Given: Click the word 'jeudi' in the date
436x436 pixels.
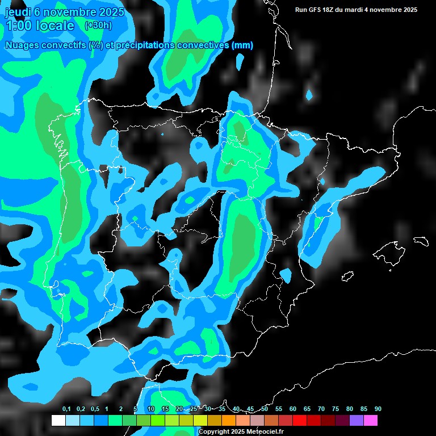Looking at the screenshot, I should (x=18, y=12).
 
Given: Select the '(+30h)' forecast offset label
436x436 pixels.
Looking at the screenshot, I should (x=98, y=25).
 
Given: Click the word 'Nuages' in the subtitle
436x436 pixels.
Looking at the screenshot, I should (x=23, y=45).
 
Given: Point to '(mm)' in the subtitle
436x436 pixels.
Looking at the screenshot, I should (x=242, y=45).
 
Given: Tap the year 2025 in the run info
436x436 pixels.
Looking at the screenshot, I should (x=408, y=10).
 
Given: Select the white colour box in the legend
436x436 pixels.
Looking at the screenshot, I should (x=58, y=421).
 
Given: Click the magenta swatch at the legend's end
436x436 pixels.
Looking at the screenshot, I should (x=371, y=421).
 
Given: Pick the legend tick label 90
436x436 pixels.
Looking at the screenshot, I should (x=378, y=409).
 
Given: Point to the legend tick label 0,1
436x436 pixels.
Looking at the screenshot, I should (x=66, y=409).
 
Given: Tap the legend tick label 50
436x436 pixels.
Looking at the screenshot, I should (x=265, y=409).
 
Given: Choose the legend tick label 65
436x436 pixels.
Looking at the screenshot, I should (x=307, y=409).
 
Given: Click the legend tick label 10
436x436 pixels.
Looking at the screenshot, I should (x=151, y=409).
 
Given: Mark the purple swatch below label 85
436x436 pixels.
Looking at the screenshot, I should (x=357, y=421).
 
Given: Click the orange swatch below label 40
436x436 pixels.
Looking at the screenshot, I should (x=229, y=421).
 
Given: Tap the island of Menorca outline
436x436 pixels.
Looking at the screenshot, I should (x=421, y=241).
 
